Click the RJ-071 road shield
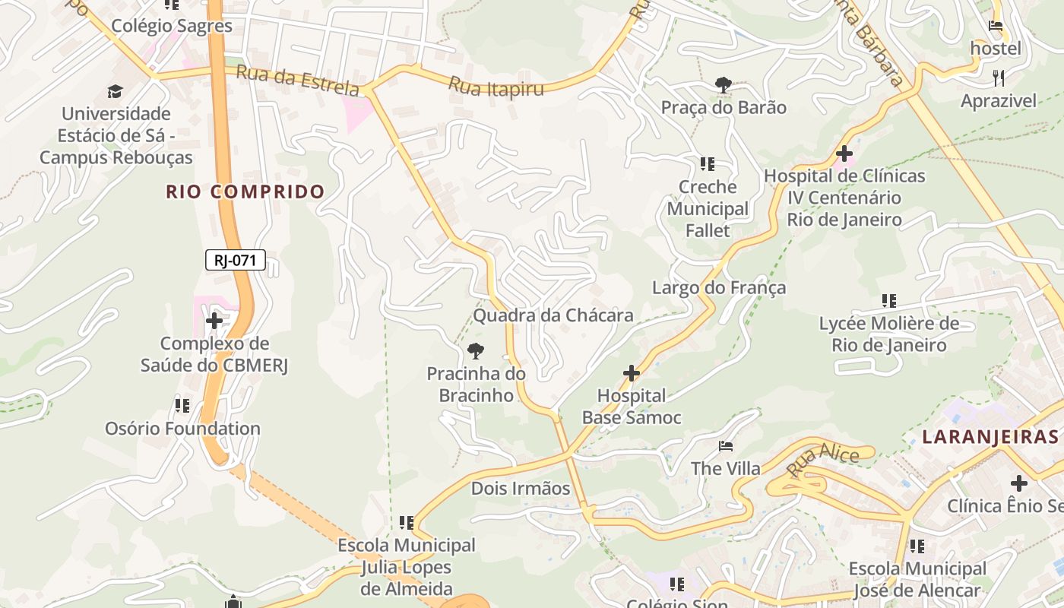235,261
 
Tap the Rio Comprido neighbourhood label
245,192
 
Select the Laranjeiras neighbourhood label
990,437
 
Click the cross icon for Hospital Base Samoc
631,373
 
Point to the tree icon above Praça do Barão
723,85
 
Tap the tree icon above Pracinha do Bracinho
476,350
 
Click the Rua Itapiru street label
496,87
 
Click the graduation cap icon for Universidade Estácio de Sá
115,92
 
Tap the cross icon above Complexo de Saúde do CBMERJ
214,321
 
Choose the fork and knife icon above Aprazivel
999,78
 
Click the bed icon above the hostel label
996,26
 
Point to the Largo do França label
718,288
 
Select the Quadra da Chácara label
553,315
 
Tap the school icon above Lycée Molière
888,301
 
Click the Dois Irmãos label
521,488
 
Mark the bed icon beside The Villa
726,445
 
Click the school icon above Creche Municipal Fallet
707,163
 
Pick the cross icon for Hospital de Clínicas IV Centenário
844,154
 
